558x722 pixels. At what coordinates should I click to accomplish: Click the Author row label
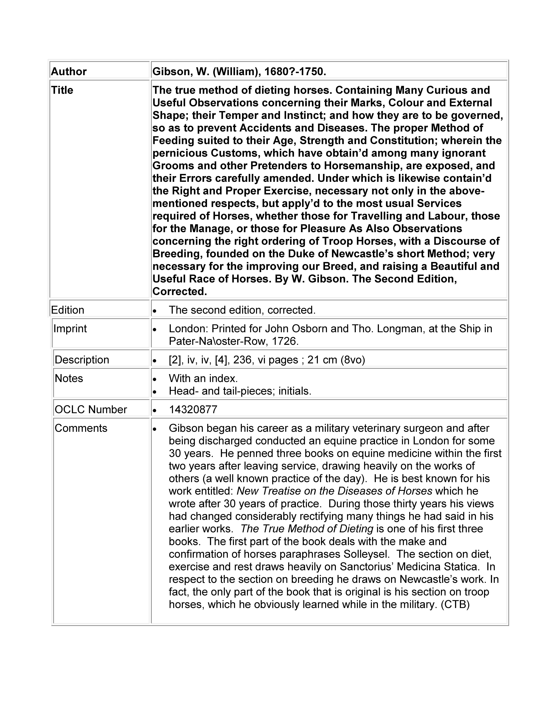pyautogui.click(x=69, y=71)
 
